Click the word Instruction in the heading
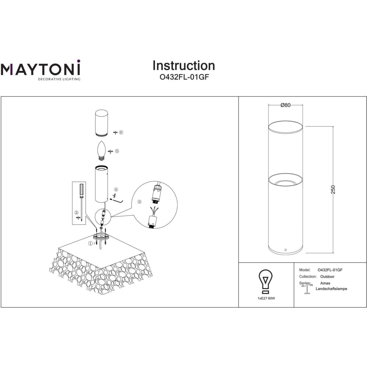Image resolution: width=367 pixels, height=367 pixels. (184, 66)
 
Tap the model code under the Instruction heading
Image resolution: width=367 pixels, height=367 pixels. (184, 77)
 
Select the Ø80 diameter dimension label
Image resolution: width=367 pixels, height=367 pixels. (285, 105)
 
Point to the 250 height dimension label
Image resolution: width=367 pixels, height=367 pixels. (333, 190)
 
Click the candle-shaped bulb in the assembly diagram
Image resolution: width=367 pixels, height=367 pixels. (102, 151)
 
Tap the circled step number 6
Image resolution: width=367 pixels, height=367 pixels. (121, 132)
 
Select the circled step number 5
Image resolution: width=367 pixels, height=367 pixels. (117, 151)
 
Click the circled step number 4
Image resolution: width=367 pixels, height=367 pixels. (116, 190)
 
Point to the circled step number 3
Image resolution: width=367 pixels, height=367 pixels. (139, 202)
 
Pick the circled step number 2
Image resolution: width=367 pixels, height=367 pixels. (77, 213)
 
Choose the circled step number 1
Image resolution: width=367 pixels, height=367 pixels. (90, 244)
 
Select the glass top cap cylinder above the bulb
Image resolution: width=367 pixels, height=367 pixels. (102, 123)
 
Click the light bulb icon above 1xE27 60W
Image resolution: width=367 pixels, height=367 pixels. (265, 281)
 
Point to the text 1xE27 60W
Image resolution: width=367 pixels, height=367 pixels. (266, 298)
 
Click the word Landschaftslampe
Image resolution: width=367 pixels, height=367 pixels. (331, 289)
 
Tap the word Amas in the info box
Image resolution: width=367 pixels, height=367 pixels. (325, 283)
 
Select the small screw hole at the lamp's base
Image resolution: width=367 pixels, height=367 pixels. (286, 250)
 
